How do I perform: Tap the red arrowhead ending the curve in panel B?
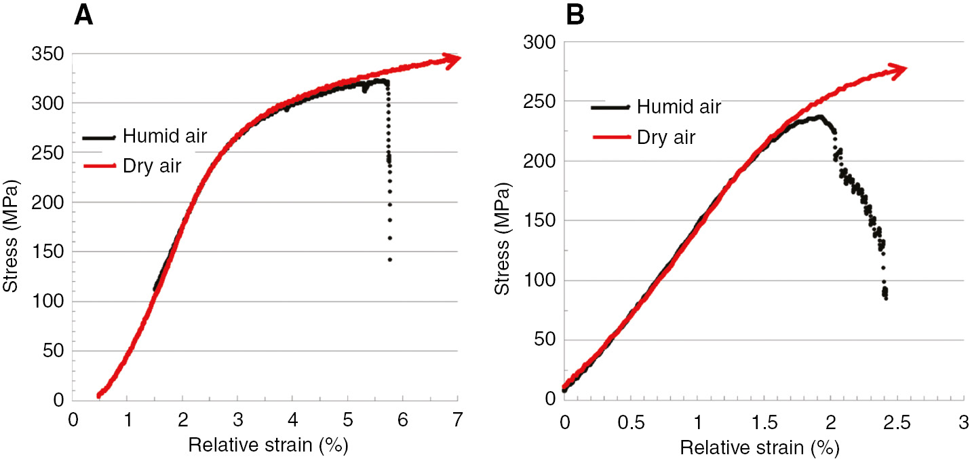click(899, 69)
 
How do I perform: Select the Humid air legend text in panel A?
click(164, 136)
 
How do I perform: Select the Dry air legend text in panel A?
click(152, 166)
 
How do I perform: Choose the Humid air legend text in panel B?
click(678, 106)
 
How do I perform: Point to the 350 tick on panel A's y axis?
click(48, 54)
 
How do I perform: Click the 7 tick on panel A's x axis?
click(458, 420)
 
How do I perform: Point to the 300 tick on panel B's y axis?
click(539, 42)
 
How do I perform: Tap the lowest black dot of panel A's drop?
click(390, 260)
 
